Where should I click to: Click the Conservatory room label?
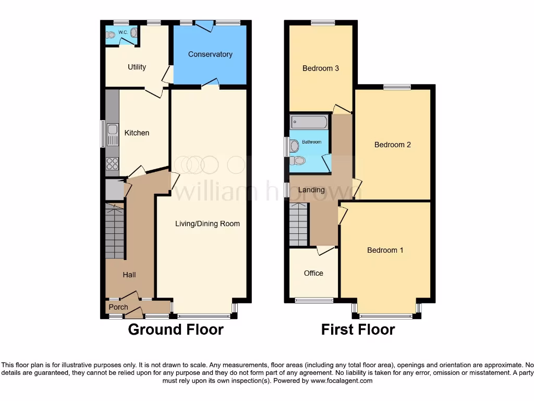210,54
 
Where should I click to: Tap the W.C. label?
123,32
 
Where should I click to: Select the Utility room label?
137,67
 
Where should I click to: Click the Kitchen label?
137,133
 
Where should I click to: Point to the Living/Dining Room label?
207,223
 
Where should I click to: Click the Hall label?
129,275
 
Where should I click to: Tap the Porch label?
118,307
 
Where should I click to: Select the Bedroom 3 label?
321,68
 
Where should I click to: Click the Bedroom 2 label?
393,145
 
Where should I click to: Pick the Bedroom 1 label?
385,250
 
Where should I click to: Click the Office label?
313,273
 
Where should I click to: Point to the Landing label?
312,190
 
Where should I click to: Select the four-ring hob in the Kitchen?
112,163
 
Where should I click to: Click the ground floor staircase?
115,232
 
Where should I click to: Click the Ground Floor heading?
176,329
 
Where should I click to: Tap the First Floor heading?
358,329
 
